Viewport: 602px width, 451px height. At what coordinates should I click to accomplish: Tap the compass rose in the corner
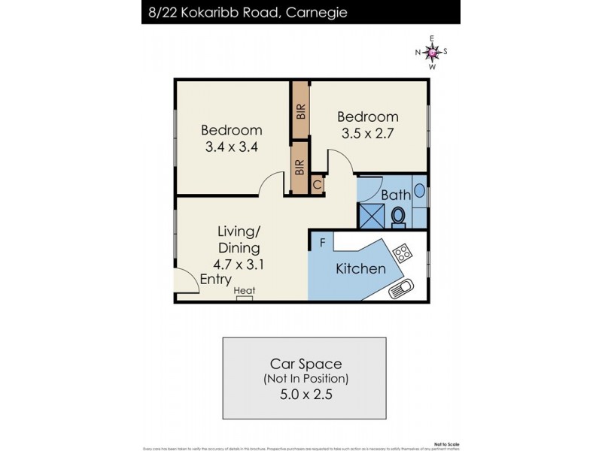pos(432,52)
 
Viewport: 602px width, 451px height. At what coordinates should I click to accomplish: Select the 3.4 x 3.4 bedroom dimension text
pos(232,147)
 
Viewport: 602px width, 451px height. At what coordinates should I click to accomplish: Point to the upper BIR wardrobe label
pos(301,112)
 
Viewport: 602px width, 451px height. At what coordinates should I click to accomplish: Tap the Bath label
pos(396,195)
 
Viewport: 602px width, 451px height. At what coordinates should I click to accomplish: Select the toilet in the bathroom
pos(398,216)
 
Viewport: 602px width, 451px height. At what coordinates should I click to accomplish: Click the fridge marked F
pos(322,243)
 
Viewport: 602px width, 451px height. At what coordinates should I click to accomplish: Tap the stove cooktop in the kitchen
pos(402,252)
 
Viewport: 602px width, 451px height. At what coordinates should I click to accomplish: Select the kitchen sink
pos(402,288)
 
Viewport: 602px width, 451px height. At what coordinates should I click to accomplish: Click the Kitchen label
pos(360,268)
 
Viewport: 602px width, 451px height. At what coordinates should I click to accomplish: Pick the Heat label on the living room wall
pos(245,291)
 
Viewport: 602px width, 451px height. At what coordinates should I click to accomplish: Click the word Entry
pos(215,279)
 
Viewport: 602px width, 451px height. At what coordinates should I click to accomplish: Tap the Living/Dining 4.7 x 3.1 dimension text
pos(239,264)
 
